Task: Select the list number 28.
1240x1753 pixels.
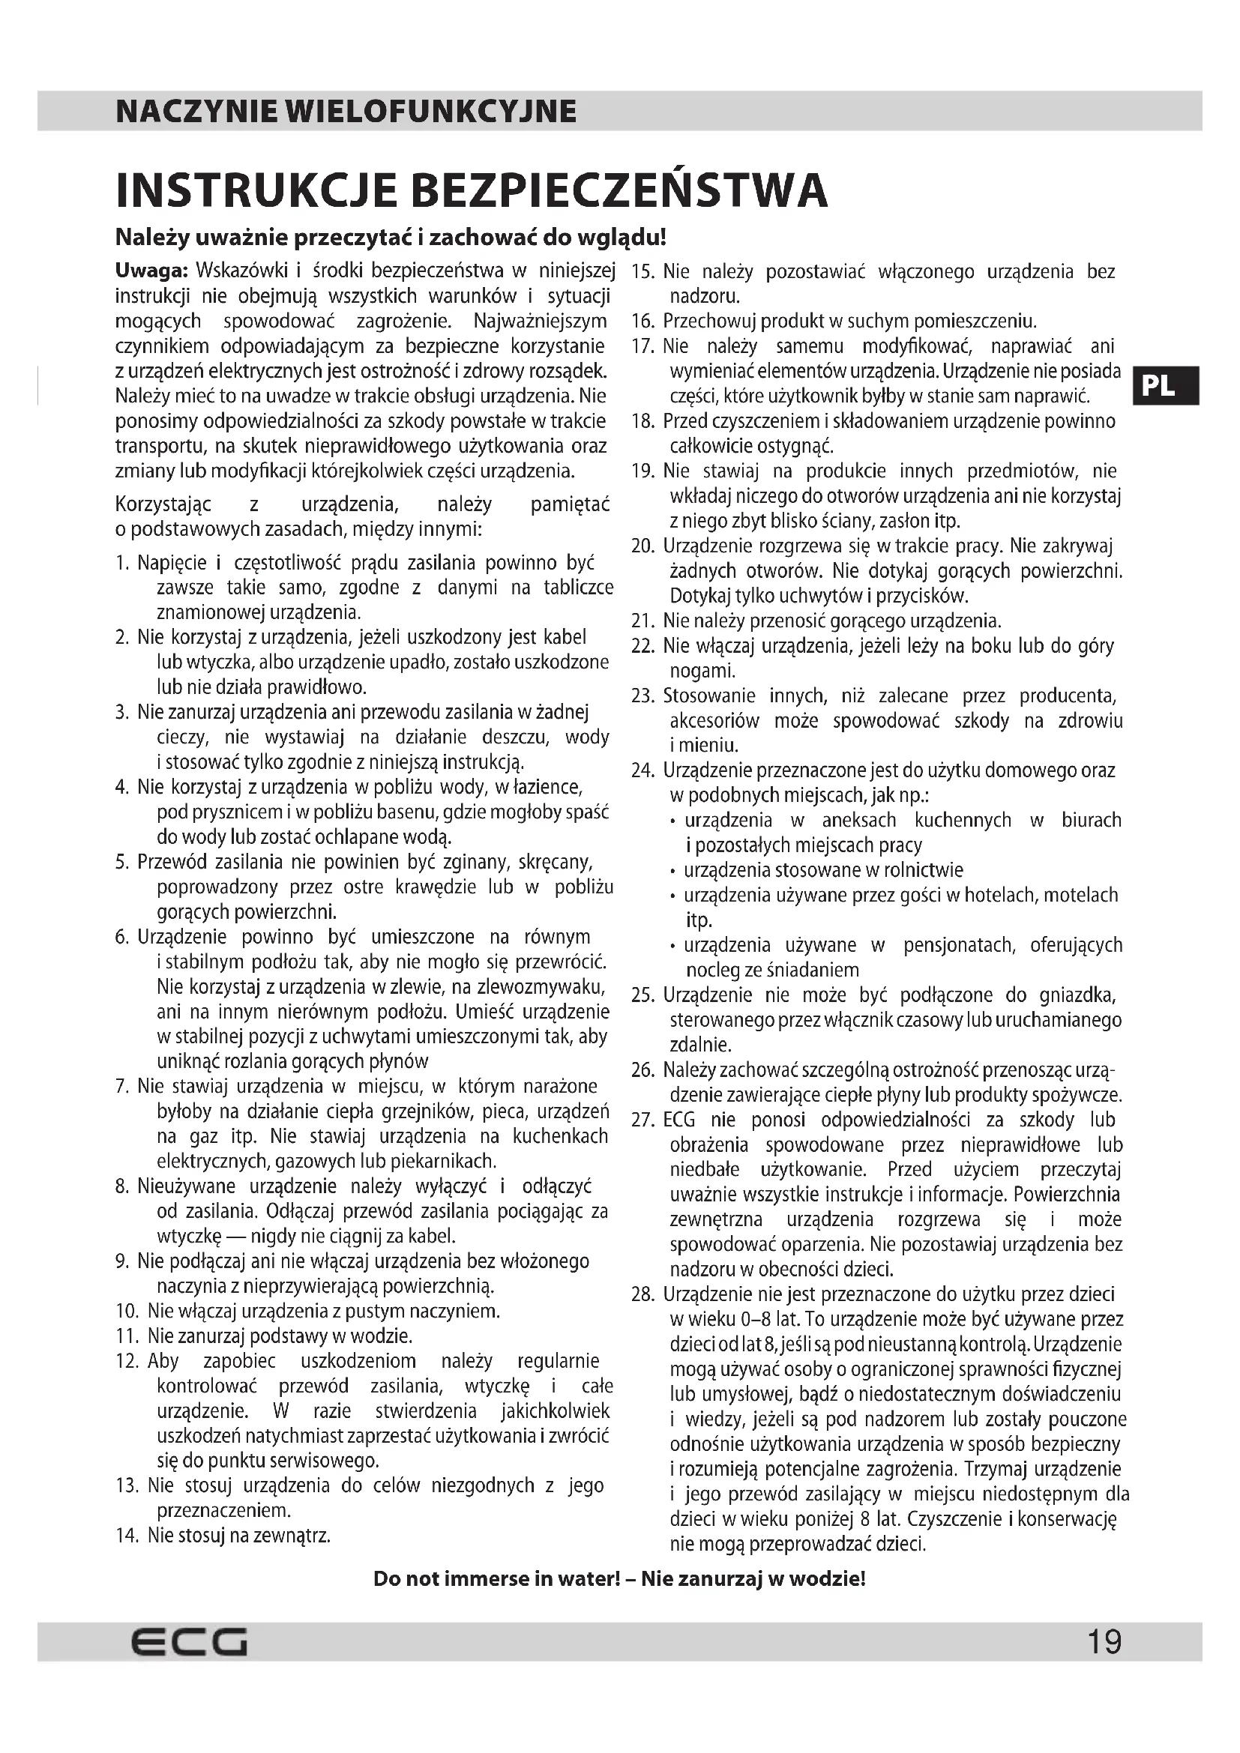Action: (x=643, y=1295)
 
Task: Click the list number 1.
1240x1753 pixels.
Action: (x=122, y=564)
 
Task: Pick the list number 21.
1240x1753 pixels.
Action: (x=643, y=621)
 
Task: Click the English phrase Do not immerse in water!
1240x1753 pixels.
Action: (x=496, y=1579)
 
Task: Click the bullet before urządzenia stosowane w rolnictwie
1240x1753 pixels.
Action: (x=672, y=871)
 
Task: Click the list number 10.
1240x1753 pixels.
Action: (x=127, y=1312)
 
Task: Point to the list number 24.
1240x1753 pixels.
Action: (x=643, y=770)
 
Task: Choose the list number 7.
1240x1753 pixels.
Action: (x=122, y=1087)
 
